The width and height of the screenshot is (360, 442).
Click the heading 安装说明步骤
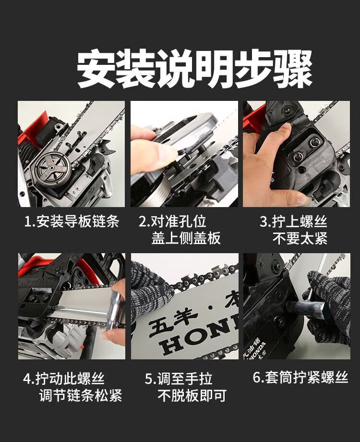coord(194,69)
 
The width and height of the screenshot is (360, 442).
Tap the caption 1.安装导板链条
coord(72,221)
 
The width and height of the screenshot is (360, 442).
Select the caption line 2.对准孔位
coord(172,221)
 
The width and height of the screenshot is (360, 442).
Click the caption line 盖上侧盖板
coord(186,238)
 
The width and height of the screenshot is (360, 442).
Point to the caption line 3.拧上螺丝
coord(294,221)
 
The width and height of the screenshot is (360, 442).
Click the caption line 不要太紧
coord(300,238)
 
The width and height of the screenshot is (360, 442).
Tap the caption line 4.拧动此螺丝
coord(64,379)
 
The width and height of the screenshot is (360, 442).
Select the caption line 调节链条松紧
coord(81,395)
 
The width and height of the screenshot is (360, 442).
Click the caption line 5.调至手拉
coord(179,379)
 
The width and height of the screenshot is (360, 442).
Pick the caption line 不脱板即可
coord(192,395)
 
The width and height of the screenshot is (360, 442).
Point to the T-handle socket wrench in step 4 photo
coord(93,309)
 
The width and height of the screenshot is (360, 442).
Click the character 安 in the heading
coord(96,69)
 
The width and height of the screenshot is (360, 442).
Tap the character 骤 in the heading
coord(294,69)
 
